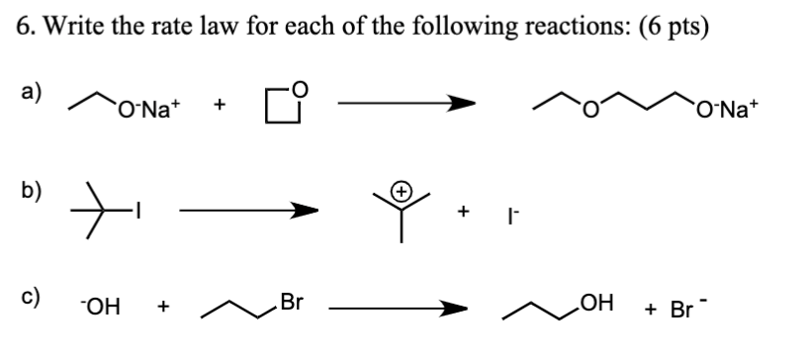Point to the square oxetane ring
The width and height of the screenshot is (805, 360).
point(281,103)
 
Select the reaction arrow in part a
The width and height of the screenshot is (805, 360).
point(405,102)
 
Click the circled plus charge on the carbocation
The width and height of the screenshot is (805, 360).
point(402,189)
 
